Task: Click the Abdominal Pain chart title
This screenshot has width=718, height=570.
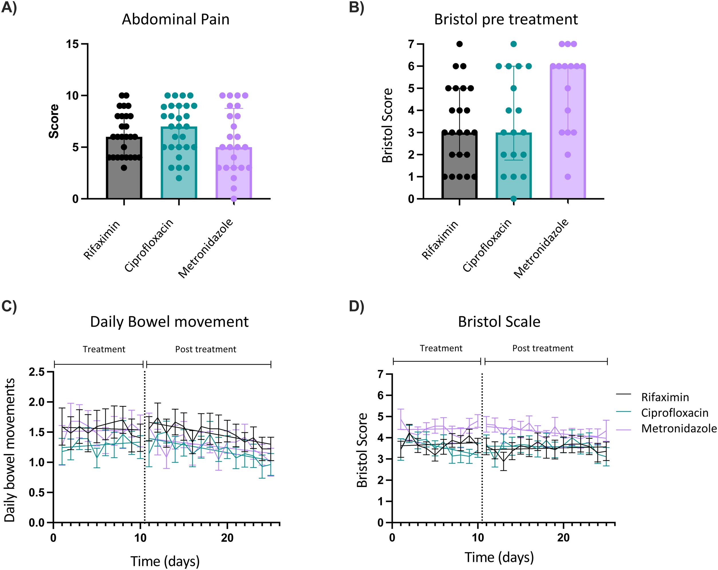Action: [175, 19]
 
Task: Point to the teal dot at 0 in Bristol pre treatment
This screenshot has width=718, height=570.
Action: [514, 199]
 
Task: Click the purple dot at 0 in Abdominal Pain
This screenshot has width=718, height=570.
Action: [234, 199]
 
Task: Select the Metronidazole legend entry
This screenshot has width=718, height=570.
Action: [679, 429]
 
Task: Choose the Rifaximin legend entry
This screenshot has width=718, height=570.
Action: [665, 397]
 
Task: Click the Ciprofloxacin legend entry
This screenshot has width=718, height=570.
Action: [675, 413]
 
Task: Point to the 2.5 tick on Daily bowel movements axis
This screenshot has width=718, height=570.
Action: [37, 372]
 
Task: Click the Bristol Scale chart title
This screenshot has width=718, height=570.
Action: [499, 322]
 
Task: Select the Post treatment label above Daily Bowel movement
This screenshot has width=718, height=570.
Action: [206, 349]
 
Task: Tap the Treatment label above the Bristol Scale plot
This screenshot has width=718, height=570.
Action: [441, 348]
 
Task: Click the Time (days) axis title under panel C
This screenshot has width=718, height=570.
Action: [165, 561]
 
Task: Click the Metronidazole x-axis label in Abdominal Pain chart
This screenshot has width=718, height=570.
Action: [206, 248]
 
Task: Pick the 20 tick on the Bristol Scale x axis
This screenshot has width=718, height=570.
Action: [563, 538]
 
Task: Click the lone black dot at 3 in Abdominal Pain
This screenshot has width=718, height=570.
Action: [124, 168]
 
